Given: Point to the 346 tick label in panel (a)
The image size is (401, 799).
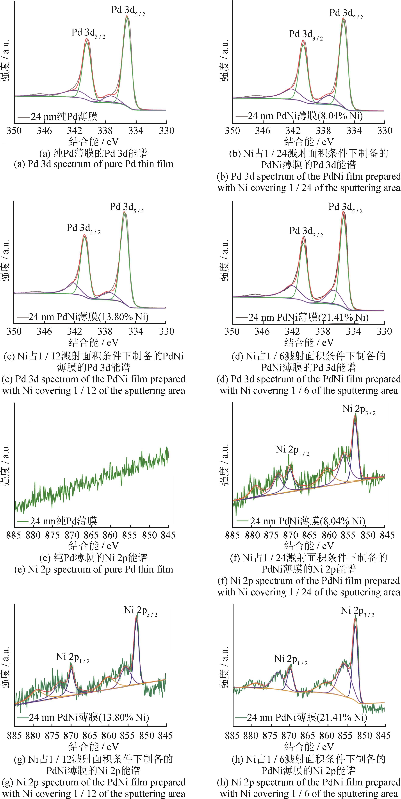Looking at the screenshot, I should [44, 131].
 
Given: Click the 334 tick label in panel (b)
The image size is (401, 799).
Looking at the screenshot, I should [354, 131].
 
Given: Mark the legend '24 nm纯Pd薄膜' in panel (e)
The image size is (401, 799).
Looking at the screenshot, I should [63, 521].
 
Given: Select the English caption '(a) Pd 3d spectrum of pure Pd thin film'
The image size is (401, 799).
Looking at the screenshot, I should [93, 164].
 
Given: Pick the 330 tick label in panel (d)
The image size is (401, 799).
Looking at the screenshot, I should [384, 331].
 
